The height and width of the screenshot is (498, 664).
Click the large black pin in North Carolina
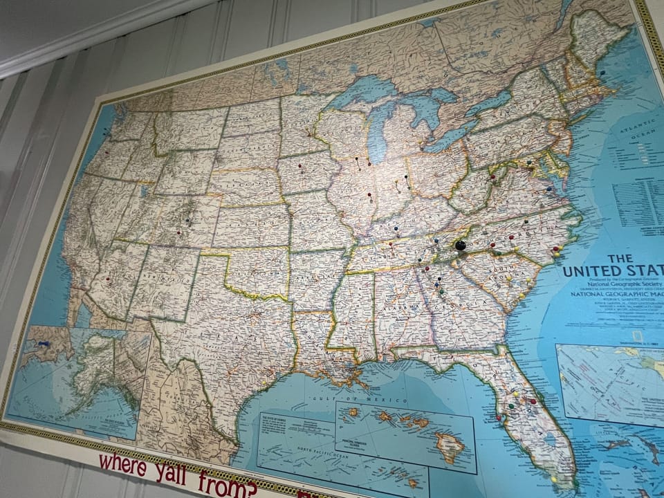(460, 245)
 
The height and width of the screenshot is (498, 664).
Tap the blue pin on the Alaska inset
(44, 343)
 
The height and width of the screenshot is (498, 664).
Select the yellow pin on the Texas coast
(264, 382)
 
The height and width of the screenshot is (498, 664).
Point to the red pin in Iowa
(299, 166)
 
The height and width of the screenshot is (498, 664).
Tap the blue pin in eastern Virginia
(548, 188)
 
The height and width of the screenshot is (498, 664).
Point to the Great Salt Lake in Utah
(148, 190)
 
